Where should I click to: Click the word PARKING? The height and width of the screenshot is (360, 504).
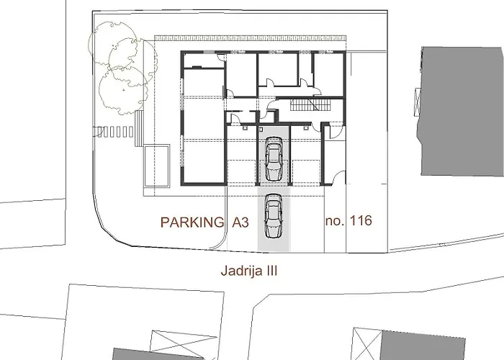click(192, 222)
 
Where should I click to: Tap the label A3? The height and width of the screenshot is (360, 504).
click(240, 222)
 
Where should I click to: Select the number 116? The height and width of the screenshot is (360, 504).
click(360, 221)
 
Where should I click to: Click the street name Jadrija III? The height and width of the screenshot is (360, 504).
click(248, 271)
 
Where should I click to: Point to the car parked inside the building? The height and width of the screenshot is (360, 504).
click(274, 161)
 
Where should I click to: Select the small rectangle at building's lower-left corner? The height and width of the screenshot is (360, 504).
click(156, 165)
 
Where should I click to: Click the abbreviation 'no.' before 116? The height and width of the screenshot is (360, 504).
click(335, 221)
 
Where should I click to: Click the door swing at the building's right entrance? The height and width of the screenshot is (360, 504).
click(333, 130)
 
